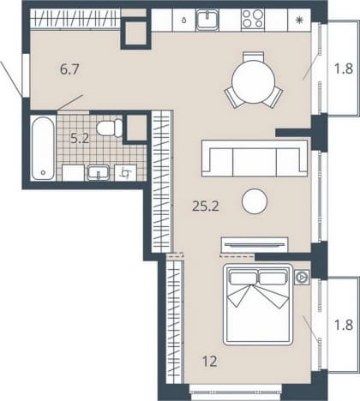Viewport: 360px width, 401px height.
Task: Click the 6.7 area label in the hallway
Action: (x=69, y=69)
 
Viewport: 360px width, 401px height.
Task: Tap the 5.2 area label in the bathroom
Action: (x=80, y=139)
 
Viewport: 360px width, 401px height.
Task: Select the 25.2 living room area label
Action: (x=206, y=206)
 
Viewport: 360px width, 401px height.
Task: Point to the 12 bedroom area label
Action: (x=210, y=362)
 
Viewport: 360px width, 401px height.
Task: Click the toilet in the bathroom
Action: (x=110, y=128)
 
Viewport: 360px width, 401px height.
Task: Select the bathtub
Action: (x=43, y=148)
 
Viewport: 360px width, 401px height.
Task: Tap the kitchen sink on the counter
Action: (x=207, y=21)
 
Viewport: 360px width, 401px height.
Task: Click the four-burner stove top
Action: (x=253, y=19)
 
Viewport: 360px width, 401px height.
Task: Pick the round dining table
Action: (x=254, y=82)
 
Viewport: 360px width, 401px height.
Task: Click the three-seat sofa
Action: (x=255, y=159)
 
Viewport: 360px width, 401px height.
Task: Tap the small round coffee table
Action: (x=255, y=201)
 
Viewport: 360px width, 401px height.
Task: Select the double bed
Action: (x=258, y=305)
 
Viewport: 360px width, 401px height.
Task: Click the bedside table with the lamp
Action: (x=302, y=277)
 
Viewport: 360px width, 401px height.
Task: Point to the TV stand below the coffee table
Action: (x=255, y=245)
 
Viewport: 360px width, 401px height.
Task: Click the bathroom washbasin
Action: (x=99, y=172)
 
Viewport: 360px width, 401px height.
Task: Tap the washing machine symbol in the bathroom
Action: (x=125, y=172)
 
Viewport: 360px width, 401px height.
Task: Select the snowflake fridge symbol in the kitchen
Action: (x=299, y=20)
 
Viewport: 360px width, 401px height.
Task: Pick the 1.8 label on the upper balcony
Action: (x=344, y=69)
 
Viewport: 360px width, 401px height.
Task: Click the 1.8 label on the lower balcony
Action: (x=344, y=325)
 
